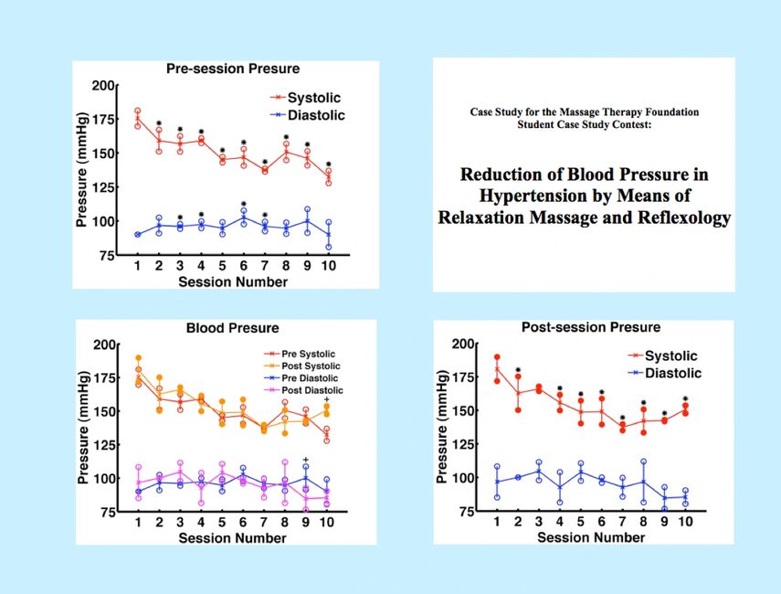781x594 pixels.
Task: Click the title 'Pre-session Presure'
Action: (232, 69)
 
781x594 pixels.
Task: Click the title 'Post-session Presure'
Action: (590, 327)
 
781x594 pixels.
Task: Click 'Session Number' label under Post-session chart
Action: (591, 538)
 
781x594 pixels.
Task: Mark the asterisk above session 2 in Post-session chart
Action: (518, 366)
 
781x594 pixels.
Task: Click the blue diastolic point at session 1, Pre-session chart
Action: (137, 234)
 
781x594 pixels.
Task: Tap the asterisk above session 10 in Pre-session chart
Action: (329, 165)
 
